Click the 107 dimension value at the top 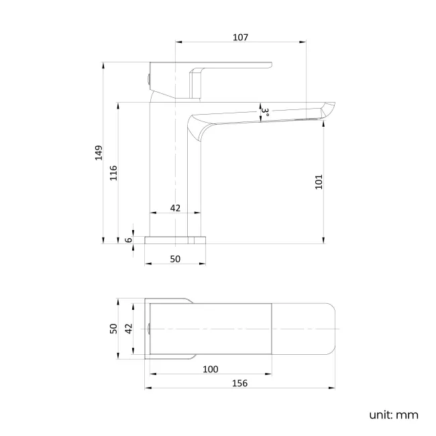[x=240, y=38]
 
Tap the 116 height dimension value [x=113, y=172]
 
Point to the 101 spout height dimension [x=319, y=181]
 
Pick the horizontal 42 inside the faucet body [x=175, y=208]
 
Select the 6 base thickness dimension [x=128, y=239]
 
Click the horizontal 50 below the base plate [x=175, y=258]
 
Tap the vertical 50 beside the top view [x=113, y=328]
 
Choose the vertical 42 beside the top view [x=129, y=328]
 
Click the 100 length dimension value [x=210, y=370]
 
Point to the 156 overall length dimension [x=239, y=383]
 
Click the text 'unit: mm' [x=393, y=414]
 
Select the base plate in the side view [x=175, y=239]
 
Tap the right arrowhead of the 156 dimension [x=333, y=388]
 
